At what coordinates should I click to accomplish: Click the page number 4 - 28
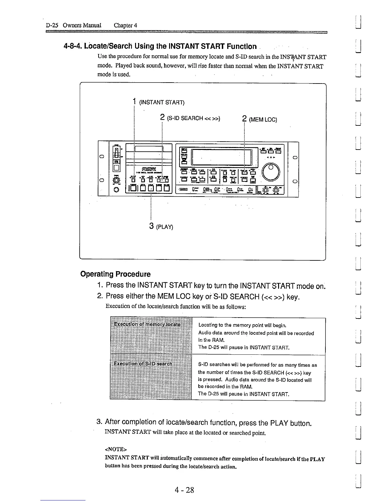[x=184, y=490]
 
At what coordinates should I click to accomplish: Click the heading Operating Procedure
[x=115, y=274]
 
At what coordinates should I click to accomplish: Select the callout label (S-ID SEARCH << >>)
[x=193, y=118]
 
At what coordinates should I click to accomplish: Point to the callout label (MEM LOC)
[x=263, y=120]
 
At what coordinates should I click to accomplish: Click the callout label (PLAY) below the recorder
[x=165, y=227]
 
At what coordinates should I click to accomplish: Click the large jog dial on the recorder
[x=271, y=171]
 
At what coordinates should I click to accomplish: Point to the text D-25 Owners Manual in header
[x=73, y=25]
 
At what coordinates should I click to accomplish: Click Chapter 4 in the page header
[x=125, y=25]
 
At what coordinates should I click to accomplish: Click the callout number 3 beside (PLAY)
[x=152, y=226]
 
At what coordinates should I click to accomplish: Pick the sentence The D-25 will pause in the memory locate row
[x=244, y=347]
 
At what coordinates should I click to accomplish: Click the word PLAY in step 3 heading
[x=279, y=423]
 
